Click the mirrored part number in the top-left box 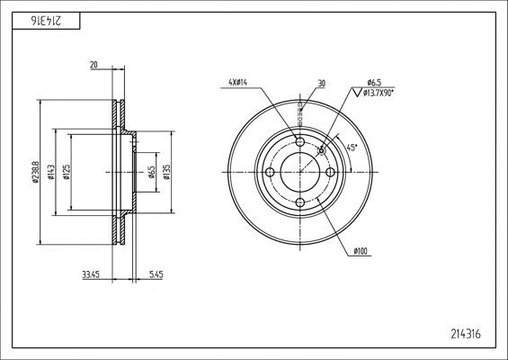[45, 22]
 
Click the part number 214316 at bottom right [466, 334]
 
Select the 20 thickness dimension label [94, 65]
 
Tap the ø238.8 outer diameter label [36, 172]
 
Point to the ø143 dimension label [51, 172]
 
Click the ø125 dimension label [67, 172]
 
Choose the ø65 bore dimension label [151, 172]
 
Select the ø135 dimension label [166, 172]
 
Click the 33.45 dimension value [91, 275]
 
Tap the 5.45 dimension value [156, 275]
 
